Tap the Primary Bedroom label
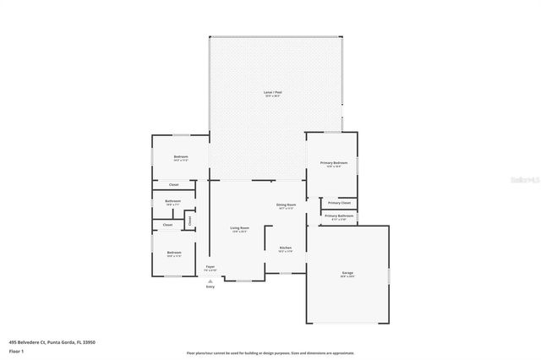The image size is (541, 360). tap(334, 162)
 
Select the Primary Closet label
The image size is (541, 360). tap(340, 203)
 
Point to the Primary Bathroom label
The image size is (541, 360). tap(340, 216)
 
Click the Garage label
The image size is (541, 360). tap(347, 272)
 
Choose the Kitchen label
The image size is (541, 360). tap(286, 248)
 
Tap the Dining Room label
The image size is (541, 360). tap(286, 205)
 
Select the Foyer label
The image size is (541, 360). tap(210, 267)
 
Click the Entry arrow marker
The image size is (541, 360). tap(210, 280)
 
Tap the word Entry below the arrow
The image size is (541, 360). tap(210, 286)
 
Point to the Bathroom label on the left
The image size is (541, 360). tap(172, 201)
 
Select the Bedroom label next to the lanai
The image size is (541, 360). tap(180, 157)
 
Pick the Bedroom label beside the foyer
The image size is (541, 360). tap(173, 253)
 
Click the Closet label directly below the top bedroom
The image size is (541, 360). tap(173, 184)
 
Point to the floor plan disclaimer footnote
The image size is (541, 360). tap(270, 353)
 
